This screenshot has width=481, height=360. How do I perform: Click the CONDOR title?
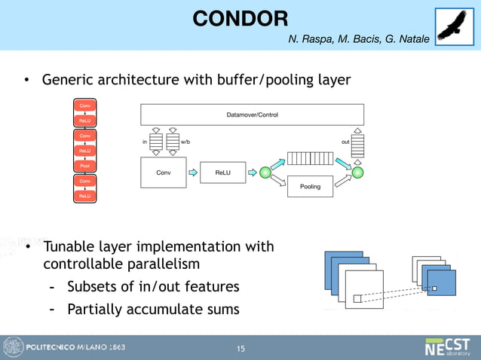tap(240, 18)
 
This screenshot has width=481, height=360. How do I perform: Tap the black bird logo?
tap(455, 26)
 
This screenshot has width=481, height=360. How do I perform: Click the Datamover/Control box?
tap(252, 114)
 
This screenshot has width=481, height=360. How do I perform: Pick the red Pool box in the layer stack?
tap(85, 166)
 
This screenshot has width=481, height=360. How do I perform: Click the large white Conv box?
tap(163, 172)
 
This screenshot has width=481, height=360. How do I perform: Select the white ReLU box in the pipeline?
tap(222, 172)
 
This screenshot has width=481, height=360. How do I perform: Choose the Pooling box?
tap(310, 186)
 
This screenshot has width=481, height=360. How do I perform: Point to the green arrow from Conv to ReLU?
tap(193, 172)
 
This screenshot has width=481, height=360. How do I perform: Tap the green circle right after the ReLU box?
tap(265, 172)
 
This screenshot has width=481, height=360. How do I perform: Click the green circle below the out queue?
tap(358, 172)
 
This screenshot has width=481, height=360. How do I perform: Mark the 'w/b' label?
tap(185, 141)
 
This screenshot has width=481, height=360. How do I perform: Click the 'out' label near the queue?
tap(345, 141)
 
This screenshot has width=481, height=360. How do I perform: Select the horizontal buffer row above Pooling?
tap(310, 159)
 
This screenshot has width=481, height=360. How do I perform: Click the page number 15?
tap(240, 349)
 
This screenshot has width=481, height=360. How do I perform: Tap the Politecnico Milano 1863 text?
tap(76, 348)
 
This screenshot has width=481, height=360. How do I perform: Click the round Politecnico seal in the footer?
tap(13, 347)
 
